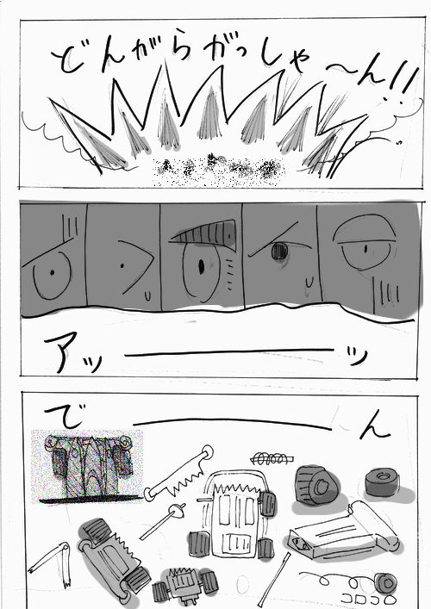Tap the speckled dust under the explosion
click(x=218, y=171)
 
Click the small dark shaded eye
click(x=279, y=251)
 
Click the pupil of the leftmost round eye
click(x=52, y=272)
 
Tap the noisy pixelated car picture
click(x=87, y=467)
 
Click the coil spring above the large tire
click(x=272, y=458)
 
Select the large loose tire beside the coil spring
click(x=316, y=486)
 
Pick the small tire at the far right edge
click(x=383, y=482)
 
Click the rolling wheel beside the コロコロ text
click(x=385, y=583)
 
